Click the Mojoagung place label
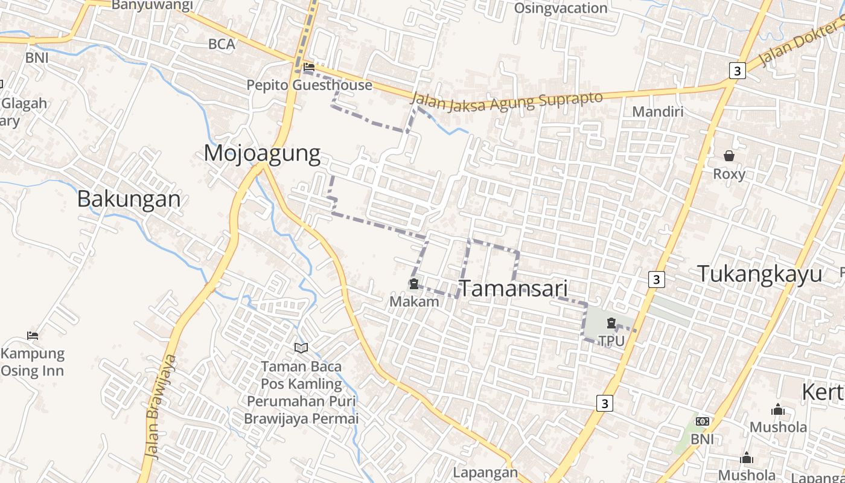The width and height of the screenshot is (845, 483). (x=262, y=153)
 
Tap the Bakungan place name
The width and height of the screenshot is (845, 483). (x=129, y=199)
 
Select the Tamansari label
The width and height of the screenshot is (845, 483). (x=514, y=289)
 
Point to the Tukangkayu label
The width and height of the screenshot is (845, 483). (x=759, y=273)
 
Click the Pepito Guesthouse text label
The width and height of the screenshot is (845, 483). (x=309, y=85)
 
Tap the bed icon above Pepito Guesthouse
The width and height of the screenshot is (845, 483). (x=309, y=67)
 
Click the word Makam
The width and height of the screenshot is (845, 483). (x=414, y=301)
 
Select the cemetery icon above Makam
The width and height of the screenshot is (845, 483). (x=414, y=284)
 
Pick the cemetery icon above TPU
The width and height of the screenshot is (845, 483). (x=611, y=324)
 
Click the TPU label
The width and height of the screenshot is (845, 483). (x=611, y=341)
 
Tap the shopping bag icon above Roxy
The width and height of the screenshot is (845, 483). (x=729, y=156)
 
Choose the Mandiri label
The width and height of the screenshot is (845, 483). (x=657, y=112)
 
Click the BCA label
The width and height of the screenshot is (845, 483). (x=222, y=44)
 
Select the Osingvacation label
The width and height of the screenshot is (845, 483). (x=561, y=8)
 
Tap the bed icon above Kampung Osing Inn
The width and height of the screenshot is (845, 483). (x=33, y=336)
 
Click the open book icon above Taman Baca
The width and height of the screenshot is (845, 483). (x=301, y=348)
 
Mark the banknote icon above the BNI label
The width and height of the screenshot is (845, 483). (x=702, y=421)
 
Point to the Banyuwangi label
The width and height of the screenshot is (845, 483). (x=153, y=5)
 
